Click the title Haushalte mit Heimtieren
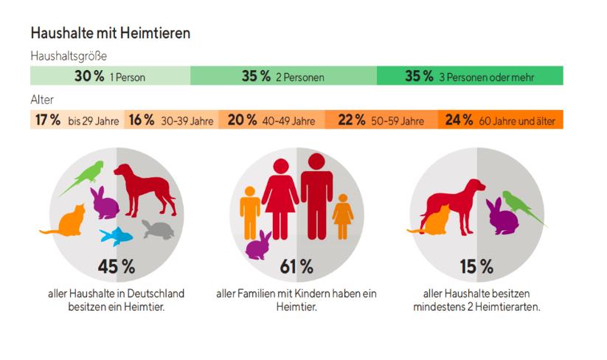coord(111,33)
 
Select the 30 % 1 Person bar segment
coord(110,75)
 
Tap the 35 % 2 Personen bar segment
coord(283,75)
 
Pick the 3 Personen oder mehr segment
coord(470,75)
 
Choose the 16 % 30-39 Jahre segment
coord(171,120)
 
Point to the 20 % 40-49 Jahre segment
coord(271,120)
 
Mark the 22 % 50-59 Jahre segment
coord(381,120)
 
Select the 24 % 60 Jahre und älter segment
coord(501,120)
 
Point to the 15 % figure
coord(477,267)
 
